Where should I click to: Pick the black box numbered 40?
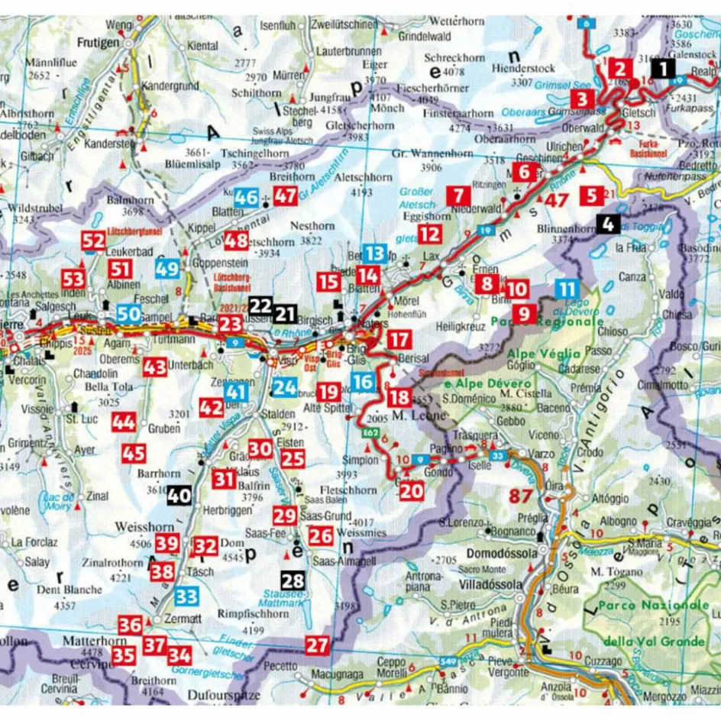(179, 495)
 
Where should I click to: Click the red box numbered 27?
(317, 645)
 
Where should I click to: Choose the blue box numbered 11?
(567, 289)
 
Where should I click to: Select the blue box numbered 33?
(187, 597)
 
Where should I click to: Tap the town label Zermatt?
(181, 619)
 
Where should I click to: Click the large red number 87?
(520, 496)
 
